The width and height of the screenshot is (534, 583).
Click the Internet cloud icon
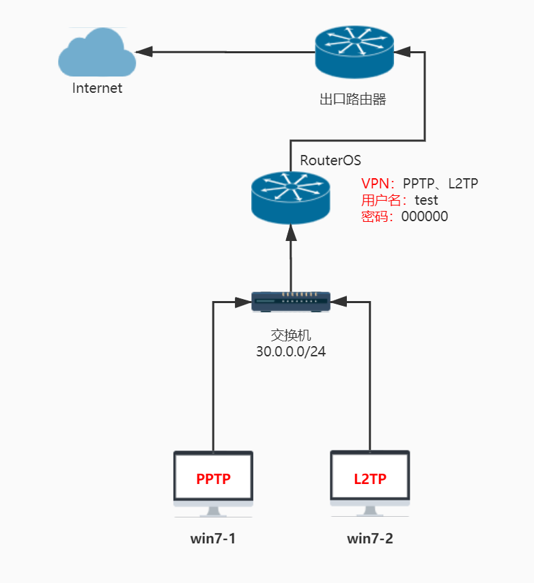tap(97, 53)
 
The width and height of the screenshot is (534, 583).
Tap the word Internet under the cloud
tap(98, 88)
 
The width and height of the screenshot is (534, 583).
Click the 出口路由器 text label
tap(353, 100)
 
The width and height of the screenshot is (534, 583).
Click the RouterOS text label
tap(331, 160)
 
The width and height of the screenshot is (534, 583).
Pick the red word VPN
tap(375, 184)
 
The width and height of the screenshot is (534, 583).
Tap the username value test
tap(427, 201)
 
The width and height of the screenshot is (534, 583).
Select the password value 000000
tap(425, 217)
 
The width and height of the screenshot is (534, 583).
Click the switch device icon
tap(291, 301)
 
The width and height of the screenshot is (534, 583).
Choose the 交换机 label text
tap(290, 337)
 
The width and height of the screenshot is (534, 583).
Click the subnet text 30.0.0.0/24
tap(290, 353)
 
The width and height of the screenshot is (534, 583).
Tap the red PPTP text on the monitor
tap(213, 479)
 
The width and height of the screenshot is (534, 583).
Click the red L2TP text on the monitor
tap(370, 479)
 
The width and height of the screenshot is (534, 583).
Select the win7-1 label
tap(213, 539)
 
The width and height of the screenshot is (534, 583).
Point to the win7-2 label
tap(370, 539)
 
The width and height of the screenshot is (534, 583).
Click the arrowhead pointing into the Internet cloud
tap(143, 51)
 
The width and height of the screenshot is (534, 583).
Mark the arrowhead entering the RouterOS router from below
tap(291, 233)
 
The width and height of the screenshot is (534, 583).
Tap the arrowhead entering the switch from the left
tap(242, 300)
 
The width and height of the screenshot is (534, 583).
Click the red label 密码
tap(375, 217)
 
